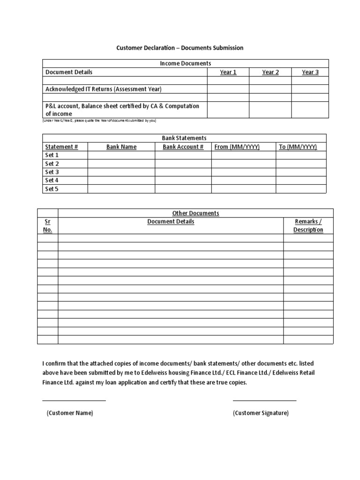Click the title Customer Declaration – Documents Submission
(x=180, y=48)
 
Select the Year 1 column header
(x=228, y=72)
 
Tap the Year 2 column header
(x=270, y=72)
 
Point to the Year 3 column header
(x=310, y=72)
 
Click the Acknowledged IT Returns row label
(x=103, y=89)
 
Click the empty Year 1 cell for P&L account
(x=228, y=110)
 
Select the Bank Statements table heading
(x=184, y=138)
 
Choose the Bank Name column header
(x=121, y=147)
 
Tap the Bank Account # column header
(x=183, y=147)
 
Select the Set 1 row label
(x=52, y=155)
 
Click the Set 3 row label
(x=52, y=172)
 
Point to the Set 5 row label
(x=52, y=189)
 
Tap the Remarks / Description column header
(x=308, y=225)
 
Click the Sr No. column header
(x=48, y=225)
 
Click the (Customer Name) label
(x=69, y=413)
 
